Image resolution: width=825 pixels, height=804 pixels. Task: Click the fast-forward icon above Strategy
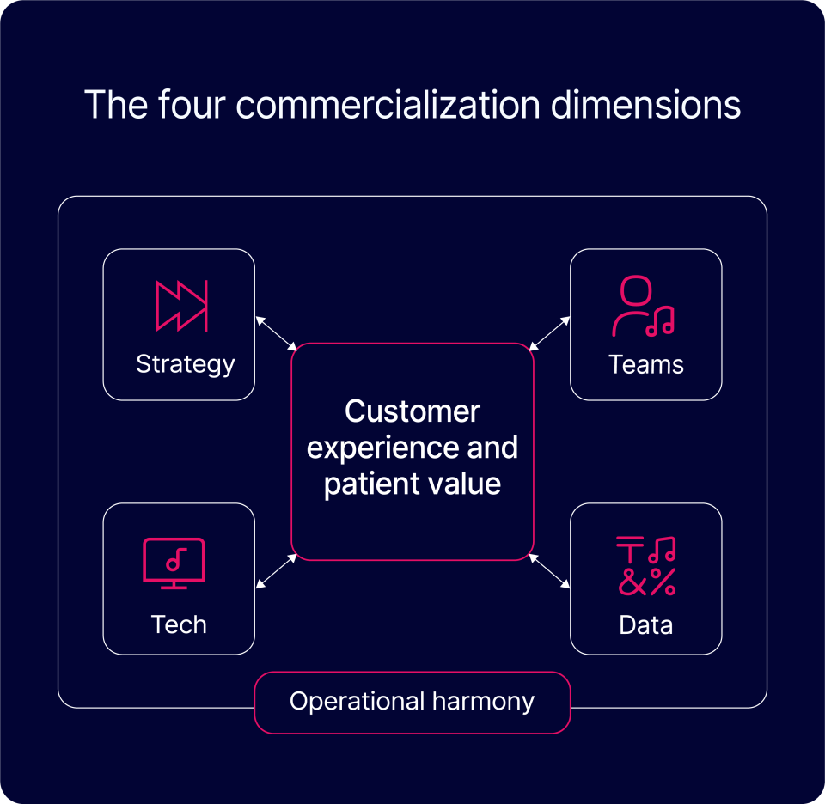(x=180, y=305)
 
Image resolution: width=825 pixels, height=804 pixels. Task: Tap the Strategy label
(x=185, y=363)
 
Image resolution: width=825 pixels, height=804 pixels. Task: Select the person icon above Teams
(x=643, y=307)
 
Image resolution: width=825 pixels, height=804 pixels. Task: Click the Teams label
(x=646, y=364)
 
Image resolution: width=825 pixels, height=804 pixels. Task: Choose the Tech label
(x=179, y=624)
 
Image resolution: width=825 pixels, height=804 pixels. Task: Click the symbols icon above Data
(x=646, y=566)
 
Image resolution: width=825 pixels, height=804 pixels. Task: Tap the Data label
(x=646, y=624)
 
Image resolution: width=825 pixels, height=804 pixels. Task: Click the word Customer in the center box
(x=412, y=411)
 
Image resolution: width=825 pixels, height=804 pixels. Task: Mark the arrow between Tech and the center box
(x=276, y=571)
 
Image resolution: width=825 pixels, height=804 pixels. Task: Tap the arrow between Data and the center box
(x=550, y=571)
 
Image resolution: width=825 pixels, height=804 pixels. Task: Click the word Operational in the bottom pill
(x=346, y=702)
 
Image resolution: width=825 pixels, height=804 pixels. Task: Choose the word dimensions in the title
(x=645, y=105)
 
